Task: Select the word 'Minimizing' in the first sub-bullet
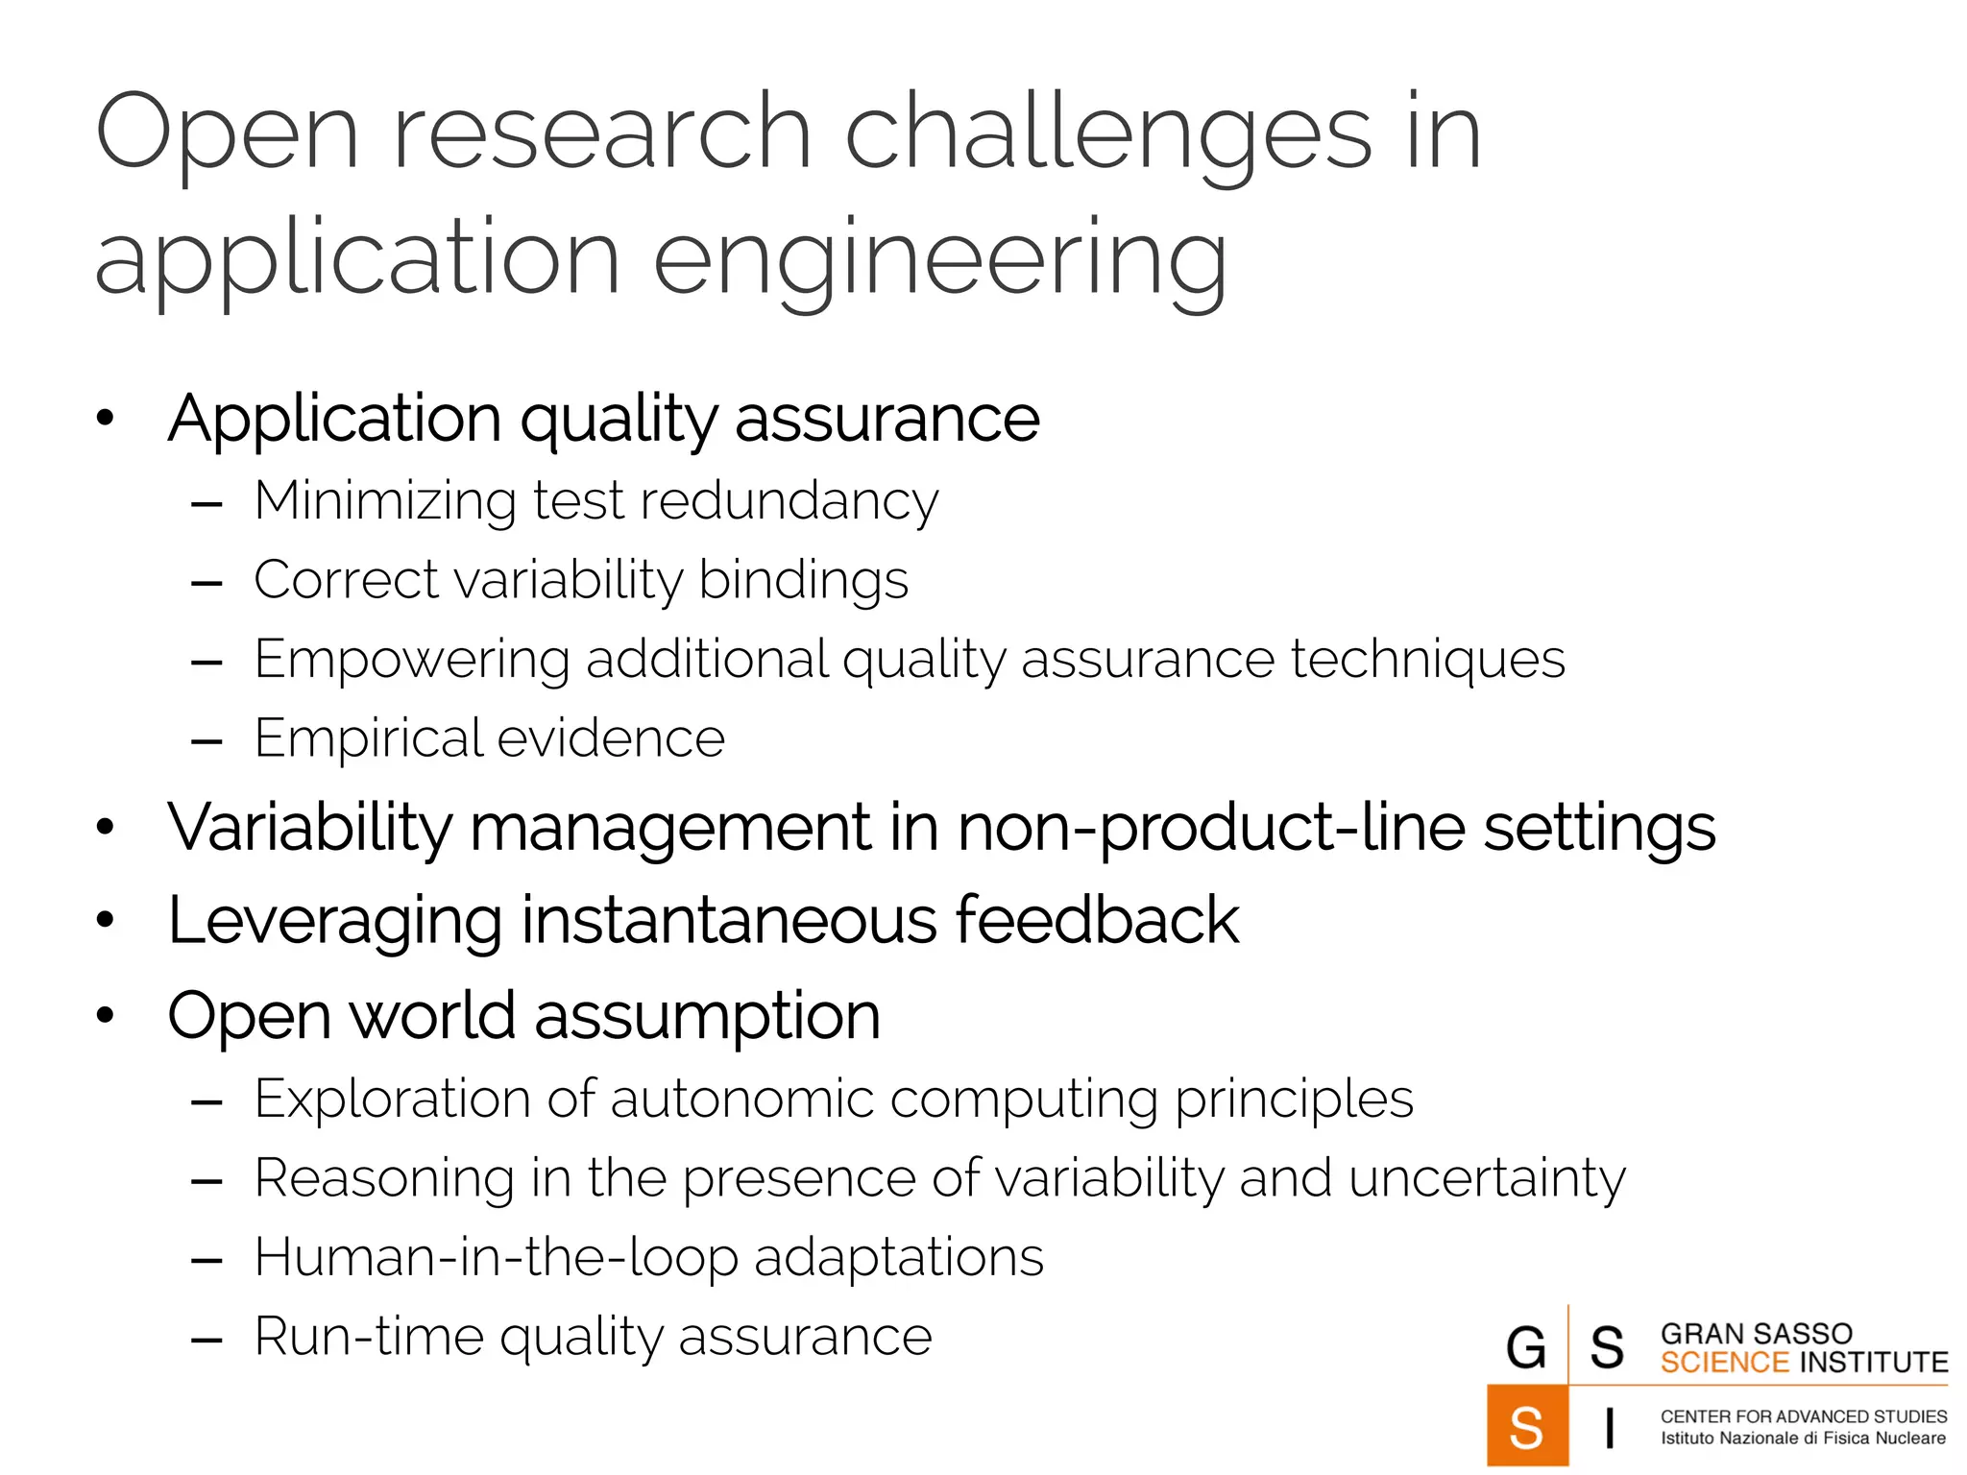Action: pos(385,501)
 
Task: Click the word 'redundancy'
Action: pos(789,501)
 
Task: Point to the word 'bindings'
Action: pos(803,581)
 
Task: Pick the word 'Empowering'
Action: pos(411,660)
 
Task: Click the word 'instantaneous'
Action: pos(729,921)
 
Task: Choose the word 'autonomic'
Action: pos(741,1100)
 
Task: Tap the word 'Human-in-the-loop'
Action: pos(496,1258)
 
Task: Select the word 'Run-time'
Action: pos(368,1337)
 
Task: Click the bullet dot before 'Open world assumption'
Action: pos(106,1016)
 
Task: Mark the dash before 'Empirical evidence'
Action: pos(206,741)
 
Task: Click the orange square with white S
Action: pos(1527,1426)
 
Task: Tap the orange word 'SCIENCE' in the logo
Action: pos(1724,1363)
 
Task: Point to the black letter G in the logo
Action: pos(1526,1346)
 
